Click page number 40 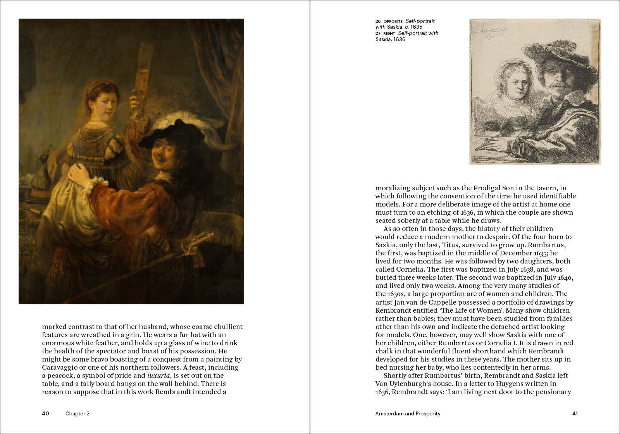[45, 413]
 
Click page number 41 [575, 413]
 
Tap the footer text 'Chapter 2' [77, 413]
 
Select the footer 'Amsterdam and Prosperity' [408, 413]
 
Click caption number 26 [378, 21]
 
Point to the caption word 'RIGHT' [389, 33]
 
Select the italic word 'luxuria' [158, 375]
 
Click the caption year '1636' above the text [399, 39]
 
